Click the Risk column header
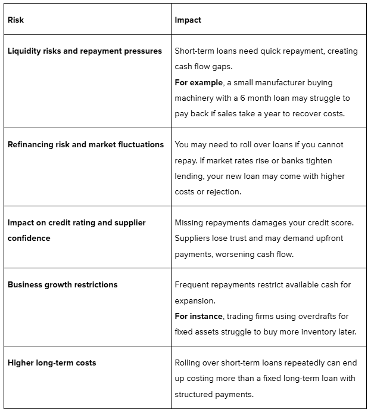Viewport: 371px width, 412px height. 15,20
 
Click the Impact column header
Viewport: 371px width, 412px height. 188,20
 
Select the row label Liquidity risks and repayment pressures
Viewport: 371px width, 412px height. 85,51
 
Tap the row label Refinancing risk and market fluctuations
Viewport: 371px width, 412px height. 86,144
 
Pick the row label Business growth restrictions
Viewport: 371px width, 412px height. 63,284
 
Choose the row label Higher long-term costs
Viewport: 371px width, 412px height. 52,363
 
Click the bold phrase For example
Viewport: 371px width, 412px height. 199,82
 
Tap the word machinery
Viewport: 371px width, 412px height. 194,98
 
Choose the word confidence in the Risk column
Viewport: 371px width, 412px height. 29,238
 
